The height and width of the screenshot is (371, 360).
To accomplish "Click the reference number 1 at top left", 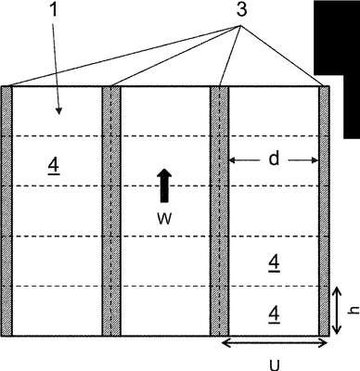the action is (54, 9).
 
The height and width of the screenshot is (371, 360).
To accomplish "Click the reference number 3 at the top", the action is (241, 9).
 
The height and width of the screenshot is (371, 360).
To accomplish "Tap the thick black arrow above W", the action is (164, 185).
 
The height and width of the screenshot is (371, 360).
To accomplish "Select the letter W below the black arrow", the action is (164, 219).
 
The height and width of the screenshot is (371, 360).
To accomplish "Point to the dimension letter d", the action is (274, 159).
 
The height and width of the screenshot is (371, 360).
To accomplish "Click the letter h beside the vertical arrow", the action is (354, 310).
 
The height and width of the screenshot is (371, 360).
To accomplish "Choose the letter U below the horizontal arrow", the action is (275, 365).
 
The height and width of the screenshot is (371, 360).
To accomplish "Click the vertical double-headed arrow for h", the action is (336, 311).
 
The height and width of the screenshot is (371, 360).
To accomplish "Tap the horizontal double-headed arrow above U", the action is (275, 343).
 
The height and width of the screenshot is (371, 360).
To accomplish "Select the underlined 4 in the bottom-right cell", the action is (275, 314).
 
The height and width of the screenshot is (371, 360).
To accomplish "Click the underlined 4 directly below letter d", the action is (275, 264).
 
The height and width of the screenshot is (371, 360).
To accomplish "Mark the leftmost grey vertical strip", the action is (6, 211).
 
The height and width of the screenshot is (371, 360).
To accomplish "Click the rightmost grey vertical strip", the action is (324, 211).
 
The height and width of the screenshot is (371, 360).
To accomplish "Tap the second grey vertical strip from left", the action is (111, 211).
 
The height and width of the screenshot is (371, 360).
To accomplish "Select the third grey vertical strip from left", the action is (219, 211).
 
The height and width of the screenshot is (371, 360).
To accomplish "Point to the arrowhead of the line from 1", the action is (59, 111).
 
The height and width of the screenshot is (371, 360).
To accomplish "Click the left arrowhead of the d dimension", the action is (232, 160).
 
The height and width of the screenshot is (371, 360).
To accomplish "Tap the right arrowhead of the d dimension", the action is (315, 160).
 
